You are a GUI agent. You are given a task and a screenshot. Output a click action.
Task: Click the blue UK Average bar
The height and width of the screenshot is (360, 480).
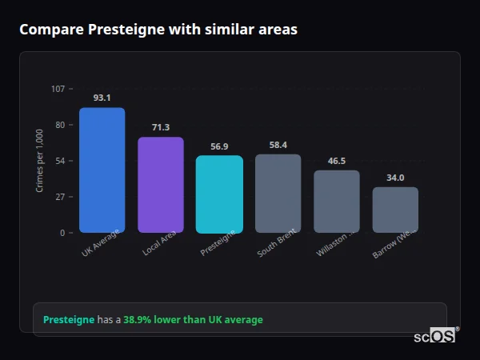(102, 170)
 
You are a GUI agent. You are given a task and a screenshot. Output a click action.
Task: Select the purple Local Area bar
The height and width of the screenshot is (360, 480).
(160, 185)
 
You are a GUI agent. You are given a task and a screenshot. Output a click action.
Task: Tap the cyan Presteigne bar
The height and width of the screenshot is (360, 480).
(219, 194)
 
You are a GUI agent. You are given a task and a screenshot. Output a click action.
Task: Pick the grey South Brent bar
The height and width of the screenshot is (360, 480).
(278, 194)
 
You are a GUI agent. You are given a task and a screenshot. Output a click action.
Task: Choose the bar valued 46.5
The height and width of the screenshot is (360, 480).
(337, 202)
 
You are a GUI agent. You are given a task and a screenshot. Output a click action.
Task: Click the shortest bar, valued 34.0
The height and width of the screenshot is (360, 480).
(395, 210)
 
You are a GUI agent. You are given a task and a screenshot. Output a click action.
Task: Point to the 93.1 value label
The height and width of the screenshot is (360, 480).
(102, 98)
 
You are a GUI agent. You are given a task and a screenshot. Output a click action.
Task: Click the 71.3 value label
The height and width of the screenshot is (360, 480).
(160, 127)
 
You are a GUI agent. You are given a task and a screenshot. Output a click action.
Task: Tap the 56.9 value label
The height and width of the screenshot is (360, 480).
(219, 146)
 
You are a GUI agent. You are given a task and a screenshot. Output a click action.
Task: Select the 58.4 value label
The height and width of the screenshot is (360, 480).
(278, 145)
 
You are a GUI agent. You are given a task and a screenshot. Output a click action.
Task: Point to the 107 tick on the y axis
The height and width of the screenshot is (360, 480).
(58, 89)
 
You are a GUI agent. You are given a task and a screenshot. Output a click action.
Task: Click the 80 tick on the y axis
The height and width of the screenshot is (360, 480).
(59, 125)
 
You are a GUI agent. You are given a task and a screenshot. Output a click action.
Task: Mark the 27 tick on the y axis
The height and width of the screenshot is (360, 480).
(59, 197)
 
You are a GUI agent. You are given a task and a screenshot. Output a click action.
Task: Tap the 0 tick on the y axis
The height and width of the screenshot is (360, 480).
(62, 233)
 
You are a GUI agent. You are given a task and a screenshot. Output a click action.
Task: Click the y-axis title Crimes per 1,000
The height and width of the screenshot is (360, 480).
(40, 161)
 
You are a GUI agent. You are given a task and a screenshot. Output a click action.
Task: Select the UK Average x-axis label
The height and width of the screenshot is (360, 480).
(101, 244)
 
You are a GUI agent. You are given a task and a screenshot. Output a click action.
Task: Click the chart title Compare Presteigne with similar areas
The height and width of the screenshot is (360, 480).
(158, 30)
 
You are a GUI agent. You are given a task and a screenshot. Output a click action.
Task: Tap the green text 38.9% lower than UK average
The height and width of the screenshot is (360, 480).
(193, 320)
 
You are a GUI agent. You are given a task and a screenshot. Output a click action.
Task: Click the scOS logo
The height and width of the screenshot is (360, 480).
(435, 336)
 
